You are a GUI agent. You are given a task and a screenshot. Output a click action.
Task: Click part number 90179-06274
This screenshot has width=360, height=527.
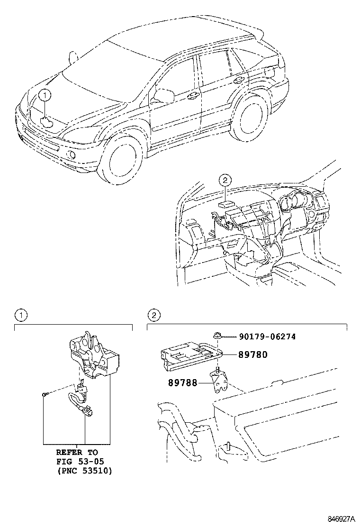click(267, 337)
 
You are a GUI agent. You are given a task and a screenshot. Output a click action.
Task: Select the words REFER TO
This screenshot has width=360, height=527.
click(77, 452)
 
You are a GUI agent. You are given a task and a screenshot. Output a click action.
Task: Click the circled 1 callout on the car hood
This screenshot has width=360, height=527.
click(44, 96)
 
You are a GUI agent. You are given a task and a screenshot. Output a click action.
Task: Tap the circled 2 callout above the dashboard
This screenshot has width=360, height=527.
click(225, 180)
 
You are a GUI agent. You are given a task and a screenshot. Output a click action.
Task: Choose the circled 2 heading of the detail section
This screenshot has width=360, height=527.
click(153, 315)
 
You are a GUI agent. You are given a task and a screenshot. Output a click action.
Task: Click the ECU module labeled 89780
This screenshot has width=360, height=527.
click(189, 356)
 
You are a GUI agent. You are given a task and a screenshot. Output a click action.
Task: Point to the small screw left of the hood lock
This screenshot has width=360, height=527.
click(44, 394)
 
